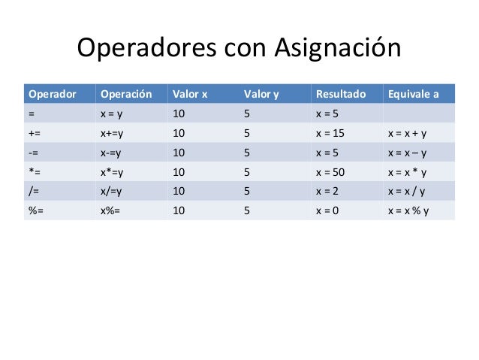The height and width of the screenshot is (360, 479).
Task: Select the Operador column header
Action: (52, 95)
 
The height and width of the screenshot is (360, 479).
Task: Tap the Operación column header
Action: (125, 95)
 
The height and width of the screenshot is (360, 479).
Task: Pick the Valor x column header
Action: (190, 95)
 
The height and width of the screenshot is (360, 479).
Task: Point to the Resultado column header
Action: (341, 95)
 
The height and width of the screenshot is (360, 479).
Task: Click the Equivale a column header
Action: (413, 95)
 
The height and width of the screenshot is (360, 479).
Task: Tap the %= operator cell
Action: (35, 211)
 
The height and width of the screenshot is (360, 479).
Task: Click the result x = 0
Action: (328, 211)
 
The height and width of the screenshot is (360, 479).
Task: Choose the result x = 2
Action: (328, 192)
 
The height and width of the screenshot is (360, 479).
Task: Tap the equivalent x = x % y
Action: (409, 211)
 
